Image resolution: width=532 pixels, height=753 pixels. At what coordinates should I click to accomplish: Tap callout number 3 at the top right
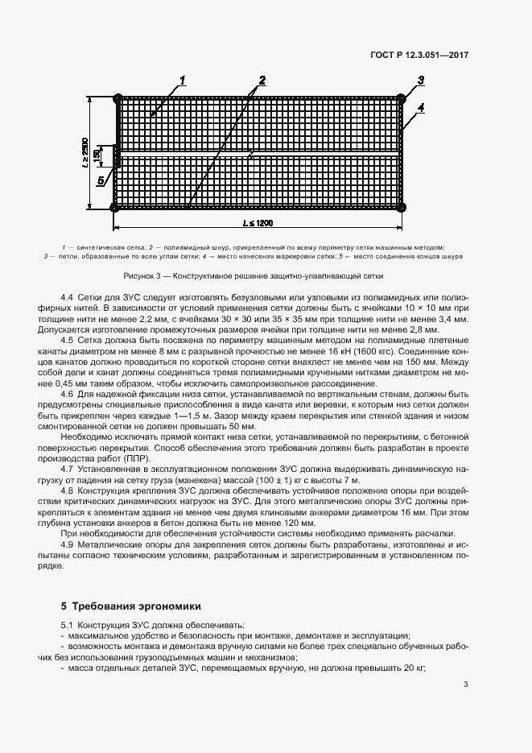click(420, 79)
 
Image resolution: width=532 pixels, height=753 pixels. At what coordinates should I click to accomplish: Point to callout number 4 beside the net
click(420, 107)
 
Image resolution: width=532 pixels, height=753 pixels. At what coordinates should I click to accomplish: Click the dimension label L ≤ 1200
click(260, 221)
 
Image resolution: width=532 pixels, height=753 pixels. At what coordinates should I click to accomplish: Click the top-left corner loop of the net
click(118, 98)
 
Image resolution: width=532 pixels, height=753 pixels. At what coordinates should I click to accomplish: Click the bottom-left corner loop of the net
click(115, 208)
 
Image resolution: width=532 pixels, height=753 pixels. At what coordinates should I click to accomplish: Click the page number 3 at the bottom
click(466, 685)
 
